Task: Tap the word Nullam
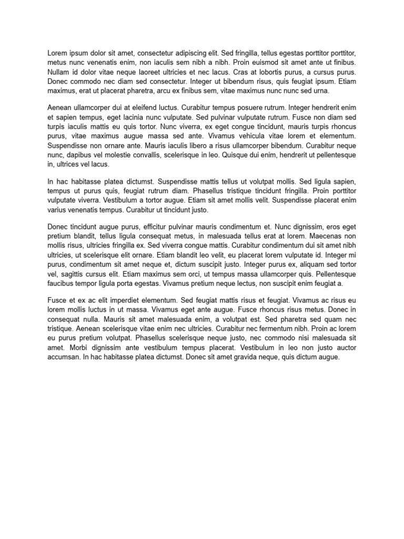(59, 72)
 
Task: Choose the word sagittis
(74, 274)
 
